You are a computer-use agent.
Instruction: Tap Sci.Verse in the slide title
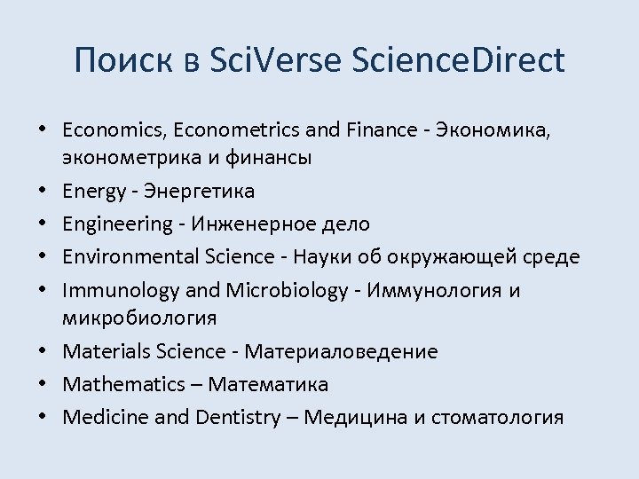click(265, 60)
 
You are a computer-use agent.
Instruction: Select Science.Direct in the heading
click(458, 60)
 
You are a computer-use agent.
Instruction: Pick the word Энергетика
click(200, 191)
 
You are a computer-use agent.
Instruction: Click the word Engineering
click(117, 224)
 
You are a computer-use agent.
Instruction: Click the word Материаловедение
click(341, 351)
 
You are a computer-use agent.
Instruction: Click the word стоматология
click(496, 417)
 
